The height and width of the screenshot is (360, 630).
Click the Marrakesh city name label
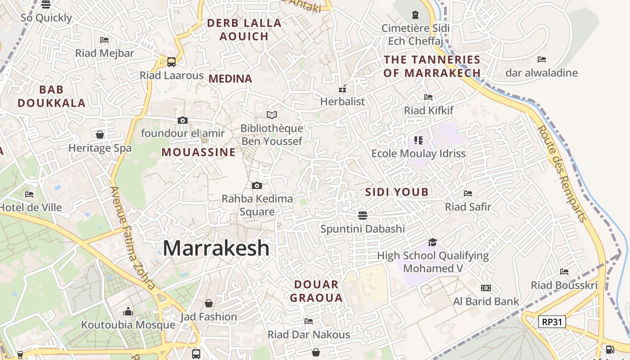[216, 248]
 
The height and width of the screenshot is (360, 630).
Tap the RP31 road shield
[552, 322]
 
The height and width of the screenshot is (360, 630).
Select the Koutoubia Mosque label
[128, 325]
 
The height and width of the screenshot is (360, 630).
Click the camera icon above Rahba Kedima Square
[257, 185]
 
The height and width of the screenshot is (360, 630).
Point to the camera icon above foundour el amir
[182, 120]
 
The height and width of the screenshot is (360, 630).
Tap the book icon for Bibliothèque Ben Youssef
[272, 115]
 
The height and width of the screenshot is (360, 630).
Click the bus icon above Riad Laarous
[171, 62]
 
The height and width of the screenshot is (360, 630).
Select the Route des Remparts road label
[562, 174]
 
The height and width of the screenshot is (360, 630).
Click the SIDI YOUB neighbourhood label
[397, 192]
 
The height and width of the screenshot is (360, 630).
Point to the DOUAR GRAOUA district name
[316, 291]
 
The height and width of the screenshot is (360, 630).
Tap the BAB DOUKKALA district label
[51, 96]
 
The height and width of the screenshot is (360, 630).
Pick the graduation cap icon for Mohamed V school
[432, 242]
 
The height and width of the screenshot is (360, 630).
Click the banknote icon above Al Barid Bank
[486, 288]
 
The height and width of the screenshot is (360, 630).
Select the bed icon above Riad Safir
[468, 193]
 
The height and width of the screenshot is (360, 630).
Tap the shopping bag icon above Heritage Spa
[100, 135]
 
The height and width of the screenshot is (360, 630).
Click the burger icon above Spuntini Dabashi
[363, 215]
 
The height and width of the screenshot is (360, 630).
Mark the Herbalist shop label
[342, 102]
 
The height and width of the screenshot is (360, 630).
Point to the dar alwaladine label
[541, 73]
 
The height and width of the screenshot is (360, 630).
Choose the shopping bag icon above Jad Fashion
[209, 303]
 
